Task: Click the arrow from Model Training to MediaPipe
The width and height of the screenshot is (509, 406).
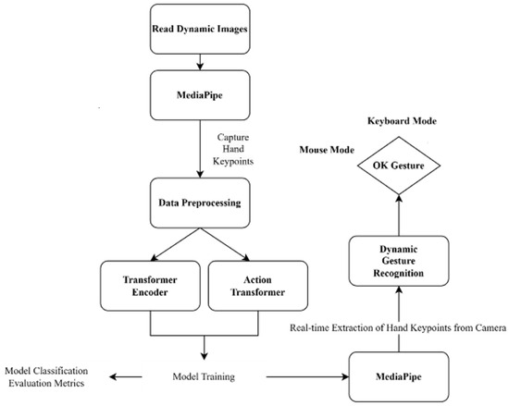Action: [x=301, y=377]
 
